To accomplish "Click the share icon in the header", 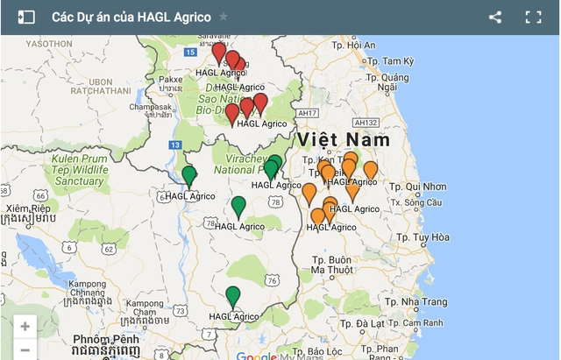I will tap(495, 17).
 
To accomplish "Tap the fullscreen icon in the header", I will tap(533, 17).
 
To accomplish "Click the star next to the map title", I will tap(224, 17).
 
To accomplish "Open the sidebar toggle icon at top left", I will tap(26, 17).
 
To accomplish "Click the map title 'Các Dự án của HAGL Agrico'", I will tap(131, 17).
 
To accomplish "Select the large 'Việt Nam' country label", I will tap(344, 140).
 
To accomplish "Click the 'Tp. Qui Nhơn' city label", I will tap(416, 187).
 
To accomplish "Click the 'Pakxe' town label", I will tap(170, 79).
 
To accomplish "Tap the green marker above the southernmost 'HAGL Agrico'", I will tap(232, 296).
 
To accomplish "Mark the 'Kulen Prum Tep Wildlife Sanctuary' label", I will tap(79, 169).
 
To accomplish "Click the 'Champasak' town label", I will tap(150, 106).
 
